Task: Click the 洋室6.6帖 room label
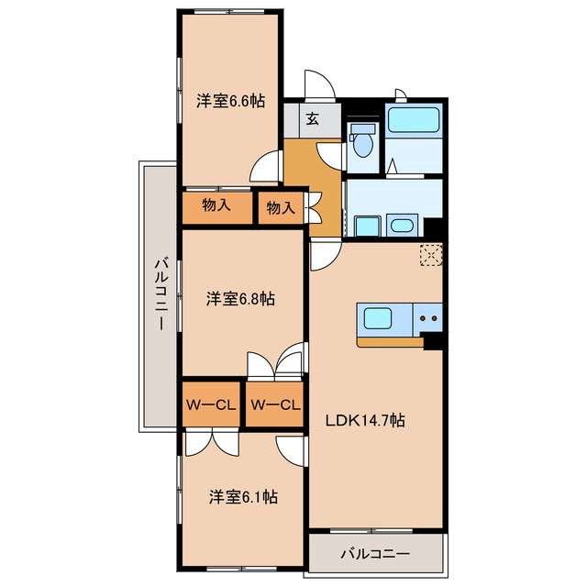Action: pyautogui.click(x=230, y=103)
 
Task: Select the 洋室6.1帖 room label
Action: pyautogui.click(x=242, y=496)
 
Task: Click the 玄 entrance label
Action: pyautogui.click(x=312, y=118)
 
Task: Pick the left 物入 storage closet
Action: pyautogui.click(x=216, y=205)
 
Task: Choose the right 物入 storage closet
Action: pyautogui.click(x=280, y=208)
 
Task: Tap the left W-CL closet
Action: pyautogui.click(x=212, y=404)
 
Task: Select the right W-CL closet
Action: pyautogui.click(x=275, y=404)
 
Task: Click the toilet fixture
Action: pyautogui.click(x=365, y=143)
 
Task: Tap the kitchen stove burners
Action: pyautogui.click(x=428, y=319)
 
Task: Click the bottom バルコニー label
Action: pyautogui.click(x=376, y=554)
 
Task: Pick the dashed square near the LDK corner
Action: pyautogui.click(x=430, y=256)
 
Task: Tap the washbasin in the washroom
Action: pyautogui.click(x=403, y=225)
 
